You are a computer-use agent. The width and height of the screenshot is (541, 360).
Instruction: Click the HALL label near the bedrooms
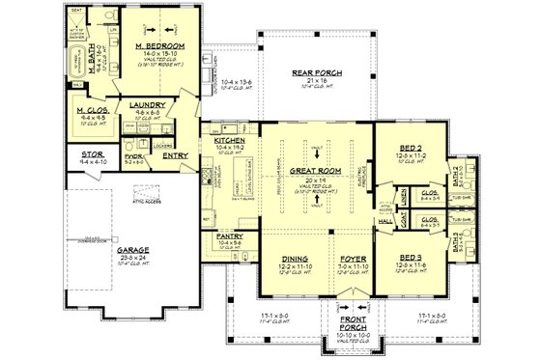coord(384,220)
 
